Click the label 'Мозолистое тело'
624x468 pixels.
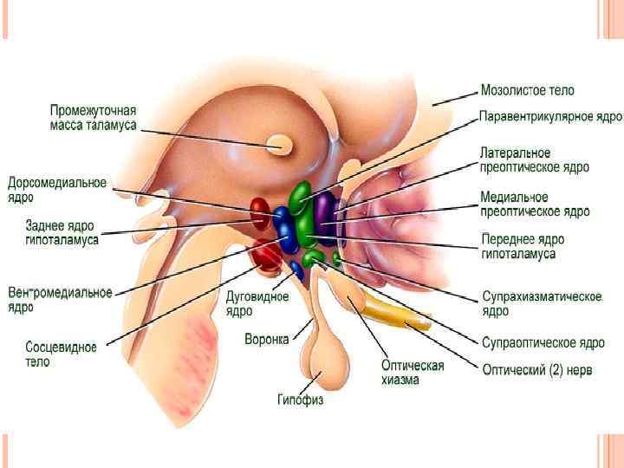[527, 90]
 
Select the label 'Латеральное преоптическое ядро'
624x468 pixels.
[535, 159]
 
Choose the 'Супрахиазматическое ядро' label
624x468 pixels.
[542, 303]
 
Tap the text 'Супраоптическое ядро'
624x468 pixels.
[543, 342]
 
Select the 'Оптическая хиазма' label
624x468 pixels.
[413, 372]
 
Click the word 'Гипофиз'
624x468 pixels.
[300, 400]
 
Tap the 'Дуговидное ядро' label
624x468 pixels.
[251, 303]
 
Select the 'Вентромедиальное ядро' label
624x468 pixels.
[60, 299]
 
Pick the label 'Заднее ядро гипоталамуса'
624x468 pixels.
[62, 232]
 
